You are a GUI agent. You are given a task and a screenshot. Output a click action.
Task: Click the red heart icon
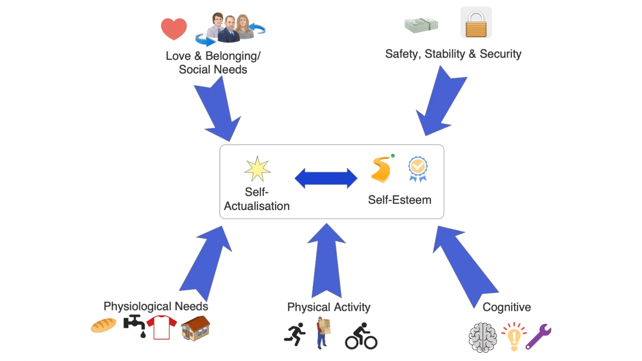174,28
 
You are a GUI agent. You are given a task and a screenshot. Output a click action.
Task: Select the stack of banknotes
421,25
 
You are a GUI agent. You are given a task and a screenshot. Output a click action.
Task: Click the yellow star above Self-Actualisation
257,169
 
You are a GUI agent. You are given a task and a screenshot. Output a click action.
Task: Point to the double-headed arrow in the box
326,178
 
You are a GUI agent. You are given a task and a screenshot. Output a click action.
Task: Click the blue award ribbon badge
418,168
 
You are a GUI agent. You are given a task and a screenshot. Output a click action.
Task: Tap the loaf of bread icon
103,325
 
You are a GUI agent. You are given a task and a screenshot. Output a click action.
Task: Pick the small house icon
196,328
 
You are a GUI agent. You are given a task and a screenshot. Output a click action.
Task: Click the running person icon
295,334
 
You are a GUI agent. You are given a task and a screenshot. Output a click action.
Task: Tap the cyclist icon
361,337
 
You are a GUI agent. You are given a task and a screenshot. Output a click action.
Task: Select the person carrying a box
323,333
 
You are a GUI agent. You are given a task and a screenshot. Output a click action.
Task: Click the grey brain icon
483,337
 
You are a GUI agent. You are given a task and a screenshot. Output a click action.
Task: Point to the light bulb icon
514,336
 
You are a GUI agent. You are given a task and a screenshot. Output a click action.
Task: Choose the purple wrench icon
538,336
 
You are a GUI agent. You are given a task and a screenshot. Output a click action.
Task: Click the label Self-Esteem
400,200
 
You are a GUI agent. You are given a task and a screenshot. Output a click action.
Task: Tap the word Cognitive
507,307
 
